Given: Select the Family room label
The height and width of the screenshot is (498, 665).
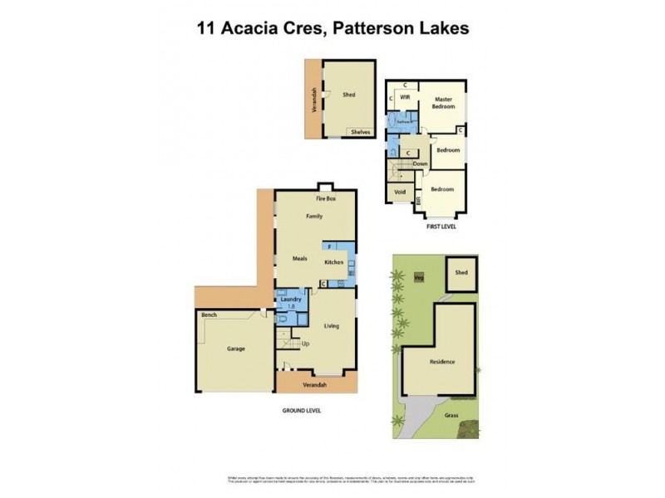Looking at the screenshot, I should tap(314, 217).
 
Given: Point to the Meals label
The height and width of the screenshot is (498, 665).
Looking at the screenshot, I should tap(300, 258).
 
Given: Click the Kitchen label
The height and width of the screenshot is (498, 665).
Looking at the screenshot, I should tap(334, 262).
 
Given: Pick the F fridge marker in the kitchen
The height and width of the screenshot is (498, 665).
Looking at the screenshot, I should tap(330, 247).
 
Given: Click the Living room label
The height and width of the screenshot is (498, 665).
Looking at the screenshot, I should tap(332, 325).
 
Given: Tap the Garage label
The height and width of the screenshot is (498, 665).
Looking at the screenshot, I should tap(236, 349).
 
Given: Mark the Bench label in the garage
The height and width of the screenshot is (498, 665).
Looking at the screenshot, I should tap(209, 315).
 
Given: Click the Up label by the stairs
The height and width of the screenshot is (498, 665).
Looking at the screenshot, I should tap(305, 343).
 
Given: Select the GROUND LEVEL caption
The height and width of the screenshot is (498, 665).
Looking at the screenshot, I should tap(300, 411).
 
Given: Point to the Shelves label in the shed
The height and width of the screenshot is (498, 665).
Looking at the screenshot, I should tap(360, 132).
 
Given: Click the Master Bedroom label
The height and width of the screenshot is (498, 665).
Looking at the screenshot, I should tap(443, 103).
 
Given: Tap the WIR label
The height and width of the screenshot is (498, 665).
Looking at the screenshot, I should tap(406, 97).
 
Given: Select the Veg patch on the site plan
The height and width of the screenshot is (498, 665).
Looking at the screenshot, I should tap(419, 277).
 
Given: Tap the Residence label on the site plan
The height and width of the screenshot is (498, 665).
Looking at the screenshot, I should tap(442, 362).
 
